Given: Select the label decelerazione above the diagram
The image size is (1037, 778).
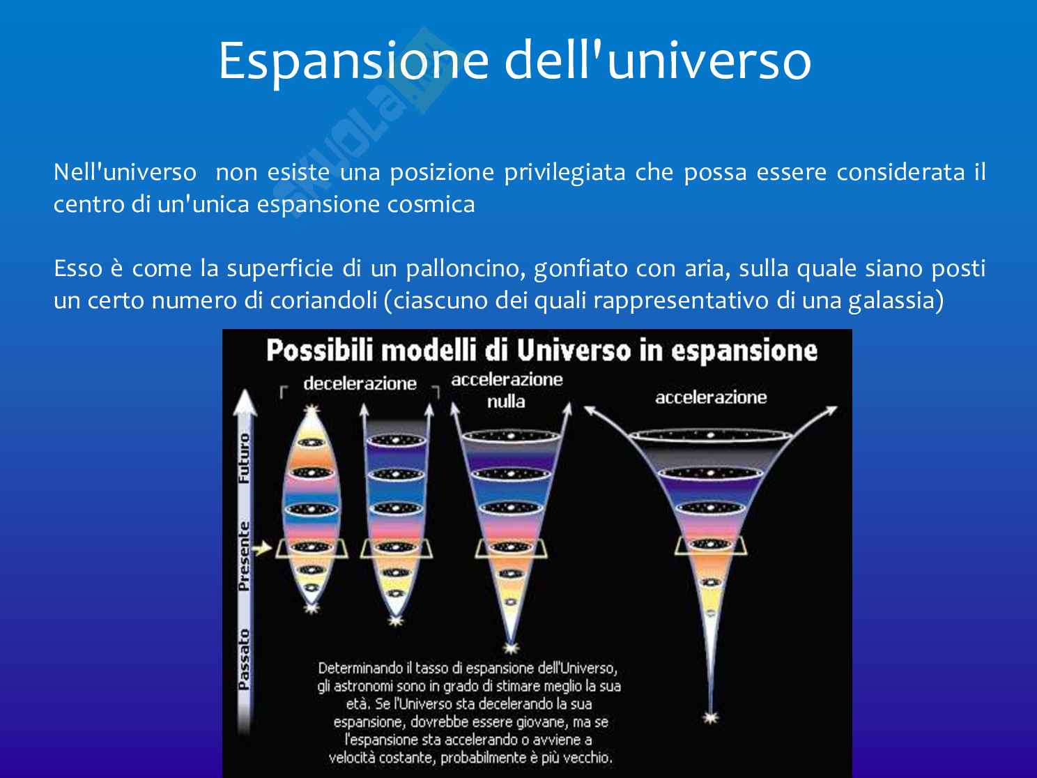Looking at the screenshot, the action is point(360,383).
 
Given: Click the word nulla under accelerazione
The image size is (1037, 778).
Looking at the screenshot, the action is point(506,402).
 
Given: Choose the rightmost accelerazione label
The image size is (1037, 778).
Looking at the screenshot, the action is point(711,397).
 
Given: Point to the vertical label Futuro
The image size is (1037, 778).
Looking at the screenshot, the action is point(244,458).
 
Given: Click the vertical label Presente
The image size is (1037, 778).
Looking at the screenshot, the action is point(244,556).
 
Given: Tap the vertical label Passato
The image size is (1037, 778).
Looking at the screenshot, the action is point(244,659).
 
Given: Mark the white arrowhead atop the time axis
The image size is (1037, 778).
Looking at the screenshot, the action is point(245,402).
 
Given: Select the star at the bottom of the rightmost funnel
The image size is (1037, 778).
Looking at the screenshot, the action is point(711,718).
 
